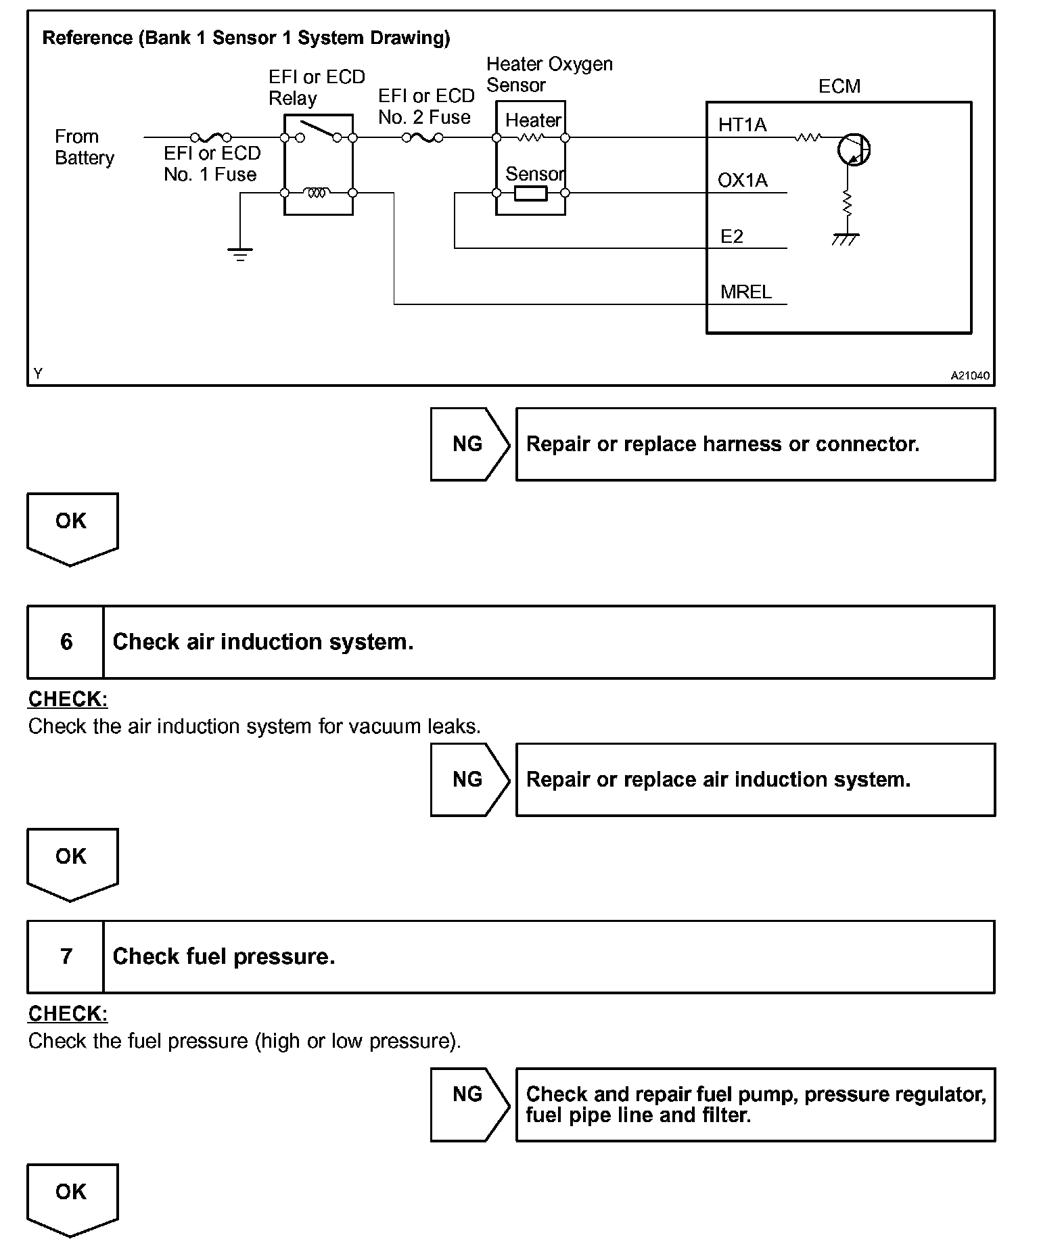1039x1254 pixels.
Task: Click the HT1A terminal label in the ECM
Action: [x=742, y=125]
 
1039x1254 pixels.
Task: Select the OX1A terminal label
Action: [x=743, y=181]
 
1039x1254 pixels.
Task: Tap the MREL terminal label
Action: [x=745, y=292]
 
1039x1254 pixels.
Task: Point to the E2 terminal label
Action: [x=732, y=237]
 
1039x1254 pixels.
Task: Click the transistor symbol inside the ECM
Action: [x=853, y=149]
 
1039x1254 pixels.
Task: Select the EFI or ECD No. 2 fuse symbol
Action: [x=423, y=138]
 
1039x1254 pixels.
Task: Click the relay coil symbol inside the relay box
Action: [x=317, y=193]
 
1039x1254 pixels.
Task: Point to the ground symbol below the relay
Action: [x=240, y=254]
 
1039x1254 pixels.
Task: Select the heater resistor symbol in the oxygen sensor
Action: [x=530, y=138]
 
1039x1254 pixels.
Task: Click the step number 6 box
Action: [x=66, y=642]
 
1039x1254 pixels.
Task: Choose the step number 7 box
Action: [x=66, y=956]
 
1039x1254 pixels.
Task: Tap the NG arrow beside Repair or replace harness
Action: [x=469, y=444]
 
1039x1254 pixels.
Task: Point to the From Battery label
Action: [x=84, y=147]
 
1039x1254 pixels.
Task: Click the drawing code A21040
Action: [x=970, y=376]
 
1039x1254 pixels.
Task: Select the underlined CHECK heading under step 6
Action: [x=68, y=699]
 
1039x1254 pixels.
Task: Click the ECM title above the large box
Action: [x=839, y=87]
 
